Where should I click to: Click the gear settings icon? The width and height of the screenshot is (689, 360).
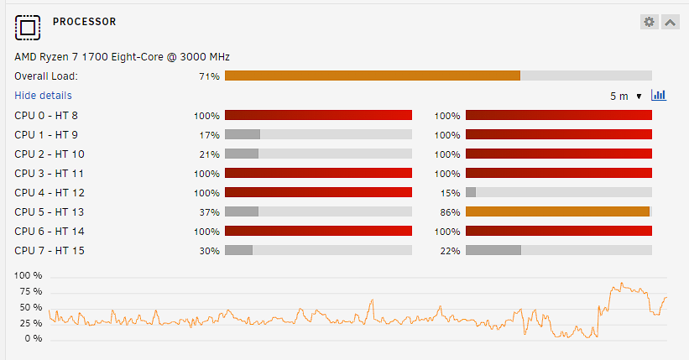click(649, 22)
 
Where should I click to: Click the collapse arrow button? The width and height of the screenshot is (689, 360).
click(670, 22)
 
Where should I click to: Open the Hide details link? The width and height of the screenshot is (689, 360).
click(43, 96)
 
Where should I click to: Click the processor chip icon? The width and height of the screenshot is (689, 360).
click(28, 28)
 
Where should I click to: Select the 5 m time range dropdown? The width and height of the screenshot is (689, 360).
click(626, 96)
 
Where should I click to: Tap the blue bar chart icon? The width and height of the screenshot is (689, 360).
click(659, 95)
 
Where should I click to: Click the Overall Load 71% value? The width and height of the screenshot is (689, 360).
click(209, 76)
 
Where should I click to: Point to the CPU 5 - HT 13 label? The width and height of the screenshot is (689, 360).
click(50, 211)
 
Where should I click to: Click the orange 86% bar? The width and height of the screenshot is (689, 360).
click(557, 211)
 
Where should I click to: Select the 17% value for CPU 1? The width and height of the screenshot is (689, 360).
click(209, 135)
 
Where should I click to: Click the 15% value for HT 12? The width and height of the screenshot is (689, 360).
click(450, 193)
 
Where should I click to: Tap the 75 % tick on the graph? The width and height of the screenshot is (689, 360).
click(31, 291)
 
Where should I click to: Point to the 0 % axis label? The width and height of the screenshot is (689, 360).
click(34, 338)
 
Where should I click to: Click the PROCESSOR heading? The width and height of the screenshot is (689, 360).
click(85, 22)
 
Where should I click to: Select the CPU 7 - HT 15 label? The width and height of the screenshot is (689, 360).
click(50, 251)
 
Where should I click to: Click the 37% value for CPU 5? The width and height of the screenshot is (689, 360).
click(209, 212)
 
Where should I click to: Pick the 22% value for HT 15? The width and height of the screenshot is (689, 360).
click(450, 251)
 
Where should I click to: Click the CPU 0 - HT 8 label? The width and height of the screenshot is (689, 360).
click(46, 116)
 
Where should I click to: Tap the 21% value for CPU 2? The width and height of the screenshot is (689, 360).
click(209, 154)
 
